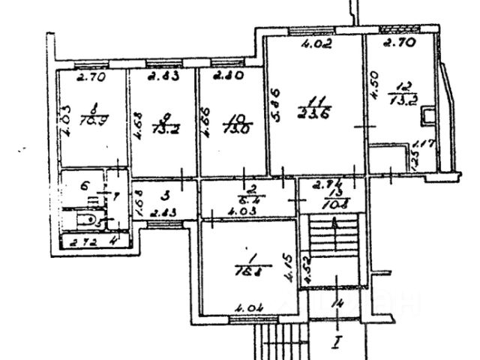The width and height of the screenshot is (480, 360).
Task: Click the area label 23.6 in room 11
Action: (316, 113)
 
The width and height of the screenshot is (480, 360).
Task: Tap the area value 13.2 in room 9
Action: (163, 127)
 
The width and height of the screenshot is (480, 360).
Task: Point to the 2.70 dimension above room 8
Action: (91, 76)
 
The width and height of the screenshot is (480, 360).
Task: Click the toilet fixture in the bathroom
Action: (88, 220)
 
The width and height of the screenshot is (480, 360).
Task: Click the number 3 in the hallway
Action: (163, 194)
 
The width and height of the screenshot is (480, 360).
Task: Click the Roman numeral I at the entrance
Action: (338, 345)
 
